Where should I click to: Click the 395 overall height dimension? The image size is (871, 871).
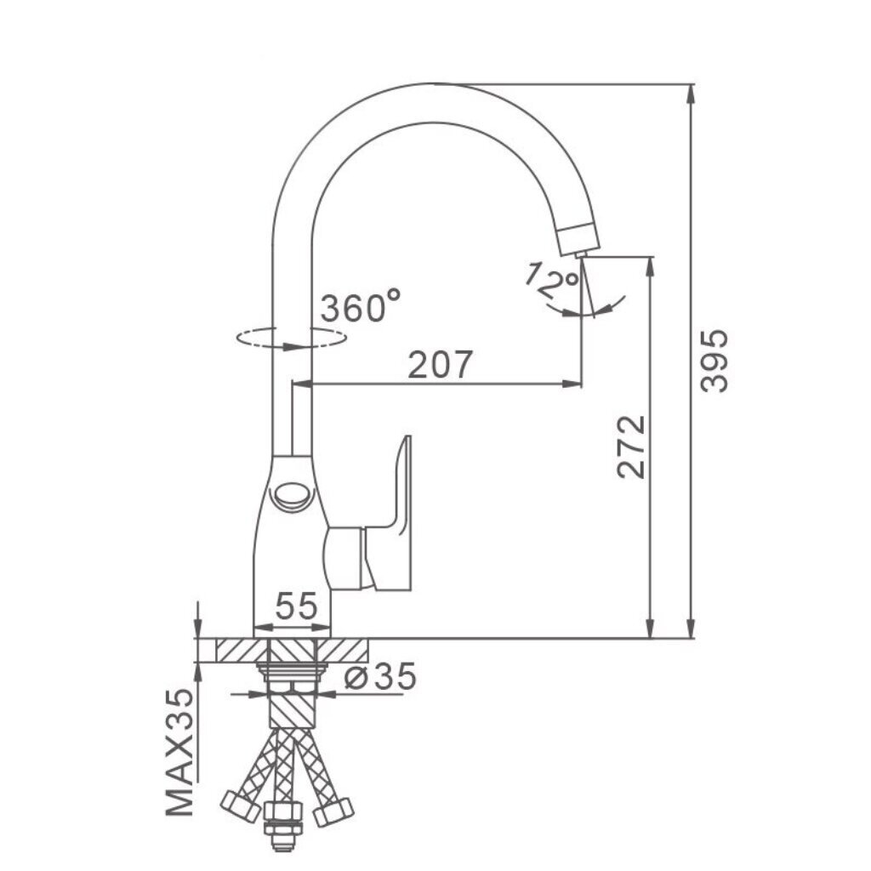[714, 361]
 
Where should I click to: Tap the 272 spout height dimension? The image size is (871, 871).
[632, 447]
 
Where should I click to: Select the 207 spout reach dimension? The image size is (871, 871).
[440, 364]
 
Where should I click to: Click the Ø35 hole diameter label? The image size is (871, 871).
[380, 676]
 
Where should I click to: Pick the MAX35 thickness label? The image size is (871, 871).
[180, 753]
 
